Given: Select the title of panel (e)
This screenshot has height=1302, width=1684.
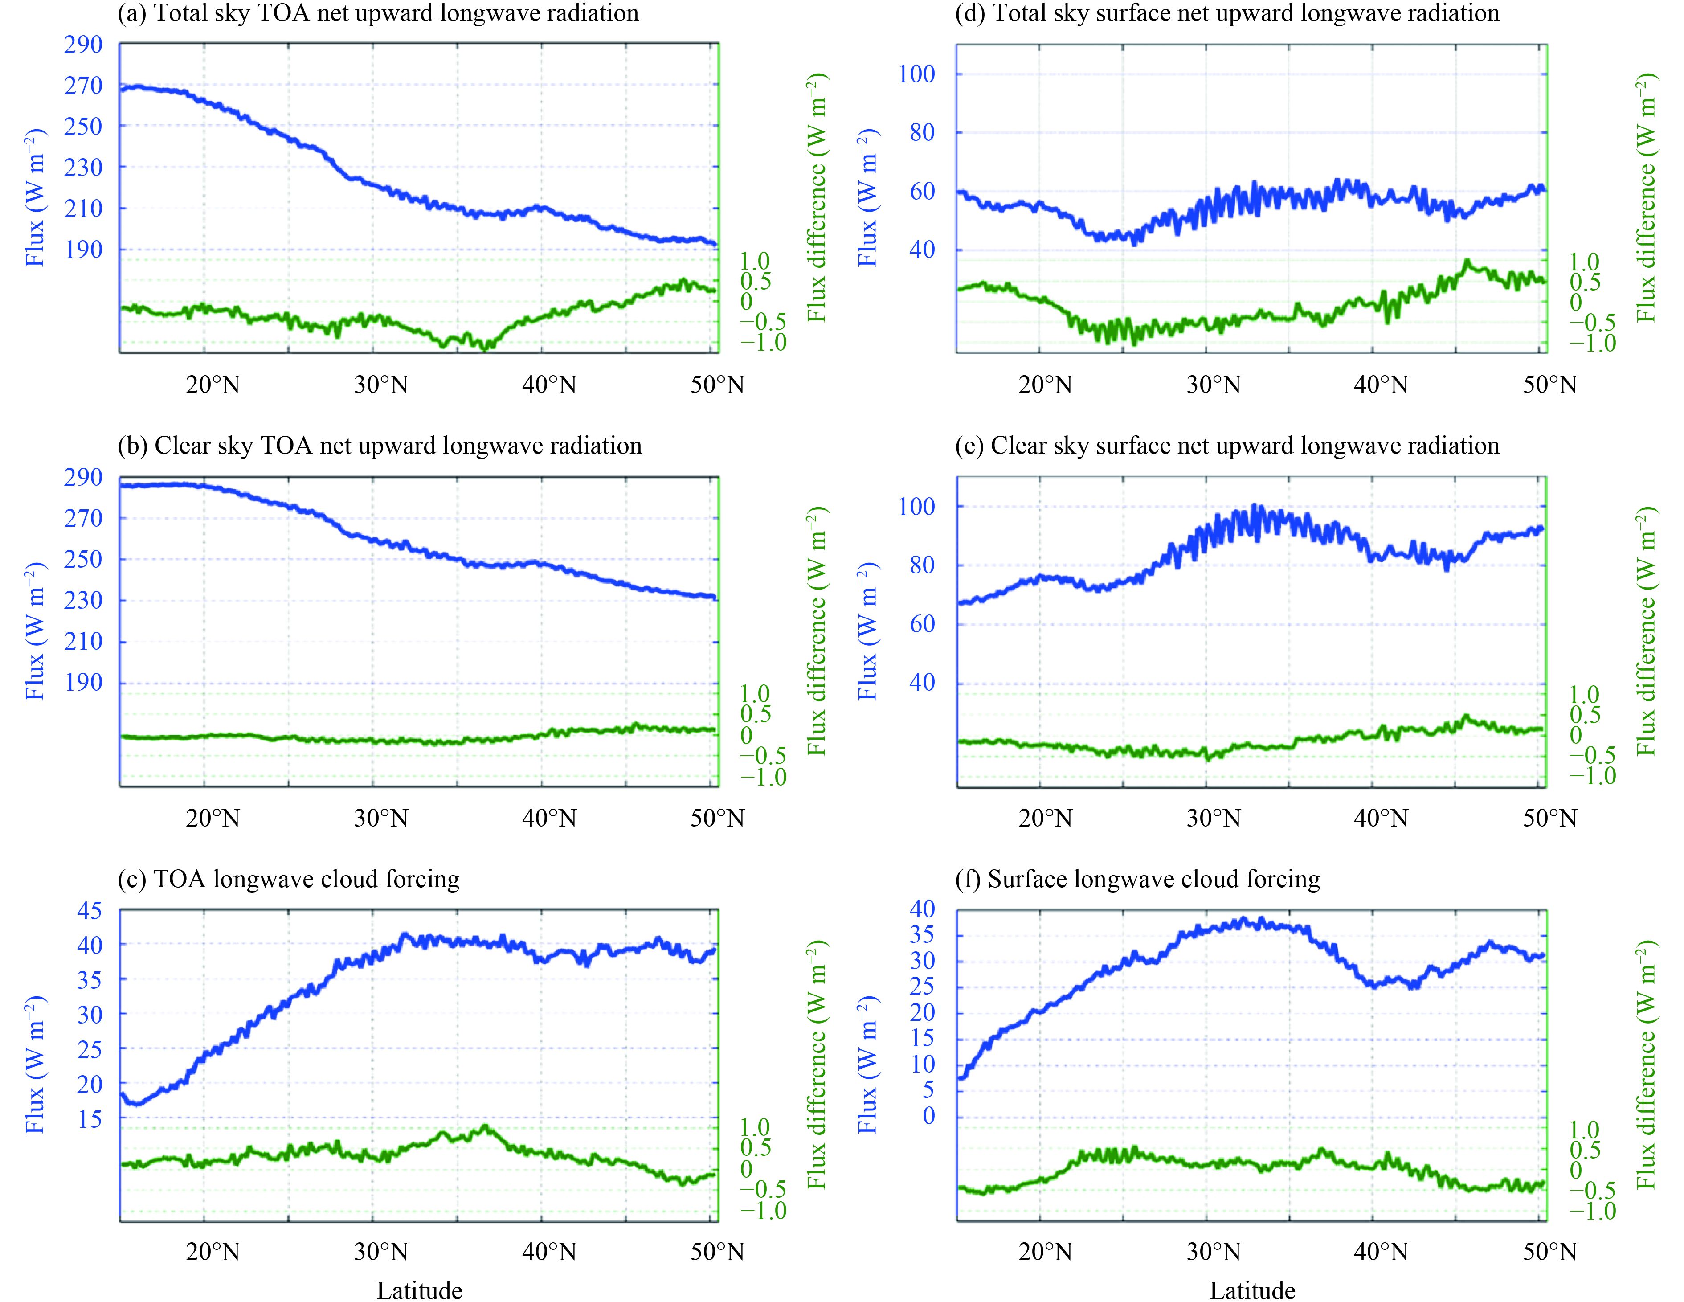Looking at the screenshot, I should [x=1227, y=446].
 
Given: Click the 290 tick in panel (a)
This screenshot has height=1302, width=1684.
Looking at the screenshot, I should [x=83, y=45].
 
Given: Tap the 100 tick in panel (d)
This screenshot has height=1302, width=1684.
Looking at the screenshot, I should [x=917, y=74].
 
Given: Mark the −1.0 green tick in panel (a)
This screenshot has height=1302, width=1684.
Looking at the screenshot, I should [x=763, y=343].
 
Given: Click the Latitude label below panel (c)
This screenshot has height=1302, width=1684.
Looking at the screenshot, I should [x=420, y=1290].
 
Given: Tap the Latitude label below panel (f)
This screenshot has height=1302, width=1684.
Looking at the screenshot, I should [x=1252, y=1290].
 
